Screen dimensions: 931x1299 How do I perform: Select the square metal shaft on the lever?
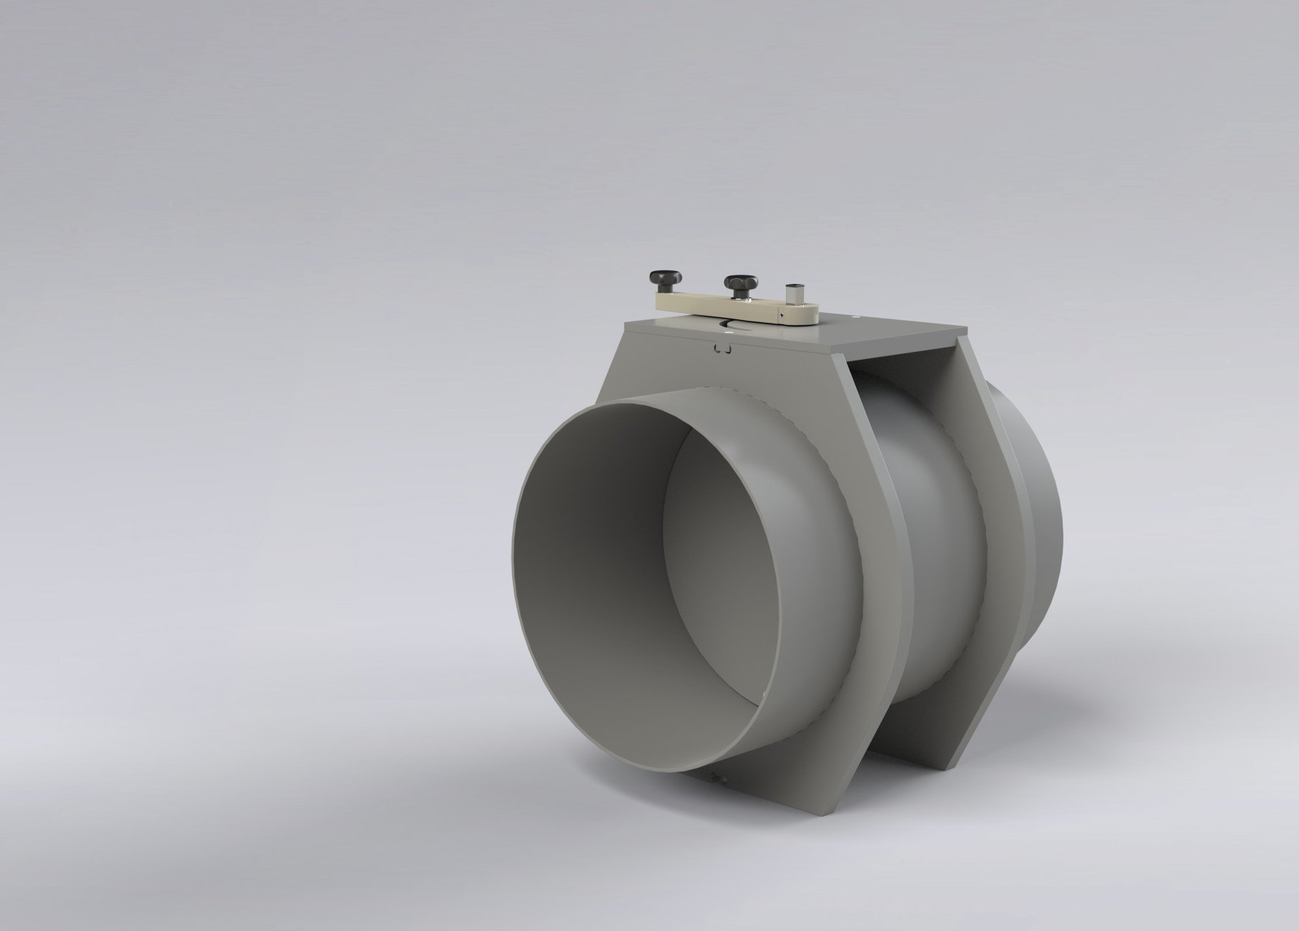[795, 295]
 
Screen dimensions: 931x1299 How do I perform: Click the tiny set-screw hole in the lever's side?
[782, 315]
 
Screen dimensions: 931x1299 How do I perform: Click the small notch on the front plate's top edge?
[722, 348]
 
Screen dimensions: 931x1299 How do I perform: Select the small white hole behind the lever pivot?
[856, 317]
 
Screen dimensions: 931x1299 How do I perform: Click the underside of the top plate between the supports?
[901, 362]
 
